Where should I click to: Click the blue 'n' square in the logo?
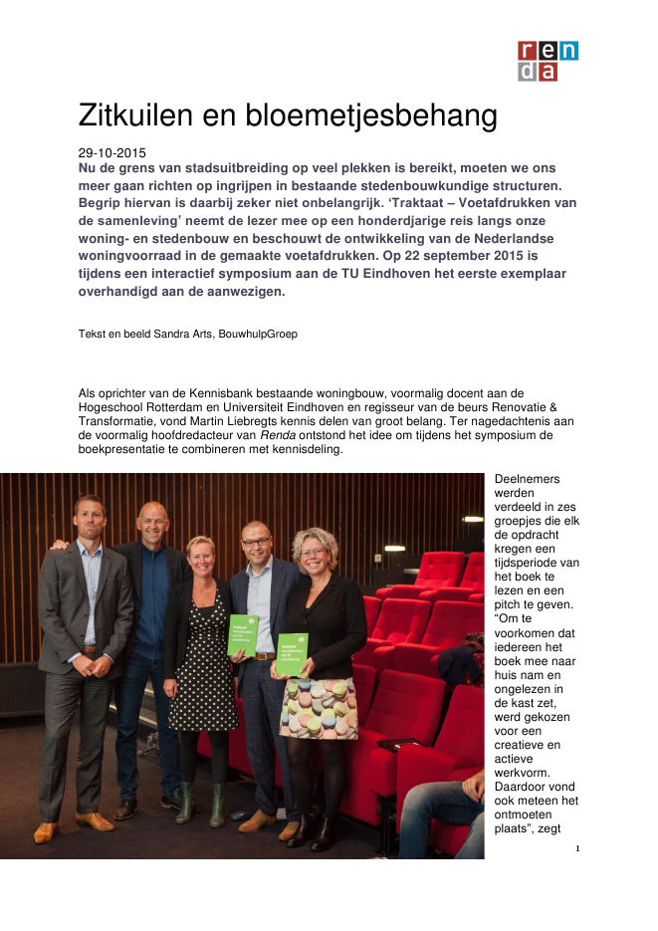[568, 51]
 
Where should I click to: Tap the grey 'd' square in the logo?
[528, 71]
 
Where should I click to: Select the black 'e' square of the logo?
[548, 51]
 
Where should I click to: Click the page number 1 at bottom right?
[576, 848]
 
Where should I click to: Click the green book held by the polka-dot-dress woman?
[243, 634]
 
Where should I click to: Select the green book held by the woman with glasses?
[292, 654]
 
